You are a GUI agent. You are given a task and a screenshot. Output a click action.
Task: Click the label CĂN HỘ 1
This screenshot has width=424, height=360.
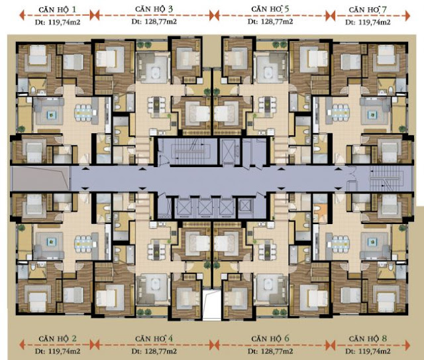(58, 10)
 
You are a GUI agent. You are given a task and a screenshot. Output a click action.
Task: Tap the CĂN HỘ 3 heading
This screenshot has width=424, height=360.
(154, 9)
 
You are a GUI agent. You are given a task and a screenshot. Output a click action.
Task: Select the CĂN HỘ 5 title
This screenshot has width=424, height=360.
(270, 9)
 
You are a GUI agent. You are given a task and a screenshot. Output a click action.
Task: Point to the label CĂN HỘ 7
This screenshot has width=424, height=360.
(368, 10)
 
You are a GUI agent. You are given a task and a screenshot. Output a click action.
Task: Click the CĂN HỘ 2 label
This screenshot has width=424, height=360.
(58, 339)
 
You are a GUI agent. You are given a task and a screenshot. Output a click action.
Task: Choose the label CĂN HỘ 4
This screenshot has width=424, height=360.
(154, 339)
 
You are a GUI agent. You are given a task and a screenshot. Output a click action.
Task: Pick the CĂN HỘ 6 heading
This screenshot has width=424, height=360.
(270, 339)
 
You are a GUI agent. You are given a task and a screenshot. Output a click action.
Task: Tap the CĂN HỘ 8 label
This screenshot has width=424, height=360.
(368, 339)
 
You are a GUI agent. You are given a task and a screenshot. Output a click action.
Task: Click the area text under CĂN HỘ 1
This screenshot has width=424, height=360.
(58, 23)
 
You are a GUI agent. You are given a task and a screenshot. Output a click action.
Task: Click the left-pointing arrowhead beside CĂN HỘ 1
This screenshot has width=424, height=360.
(23, 15)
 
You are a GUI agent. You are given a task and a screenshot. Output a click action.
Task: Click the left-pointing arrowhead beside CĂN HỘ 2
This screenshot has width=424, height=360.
(23, 345)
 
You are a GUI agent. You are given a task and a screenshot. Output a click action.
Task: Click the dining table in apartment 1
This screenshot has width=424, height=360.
(83, 112)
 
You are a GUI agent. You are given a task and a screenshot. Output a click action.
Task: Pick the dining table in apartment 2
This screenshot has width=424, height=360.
(83, 244)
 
